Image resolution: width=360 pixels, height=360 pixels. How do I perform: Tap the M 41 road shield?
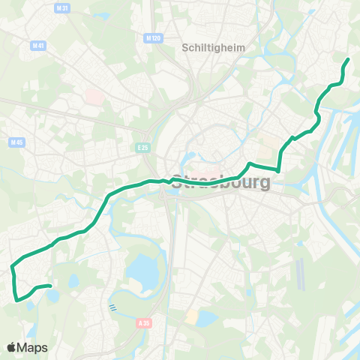[x=37, y=45]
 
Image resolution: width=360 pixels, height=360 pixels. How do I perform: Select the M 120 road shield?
[x=154, y=37]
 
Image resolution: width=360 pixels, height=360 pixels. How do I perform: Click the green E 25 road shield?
[x=143, y=148]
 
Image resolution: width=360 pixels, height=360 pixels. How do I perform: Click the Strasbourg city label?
[x=221, y=182]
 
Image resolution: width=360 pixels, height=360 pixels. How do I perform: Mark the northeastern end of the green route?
[x=349, y=58]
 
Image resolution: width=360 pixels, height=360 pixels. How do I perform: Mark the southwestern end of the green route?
[x=49, y=286]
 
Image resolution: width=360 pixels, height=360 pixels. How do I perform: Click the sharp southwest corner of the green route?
[x=16, y=301]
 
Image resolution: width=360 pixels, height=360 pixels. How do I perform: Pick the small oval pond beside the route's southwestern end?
[x=52, y=295]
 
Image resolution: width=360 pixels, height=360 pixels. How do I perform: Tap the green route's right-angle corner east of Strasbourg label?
[x=279, y=170]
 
